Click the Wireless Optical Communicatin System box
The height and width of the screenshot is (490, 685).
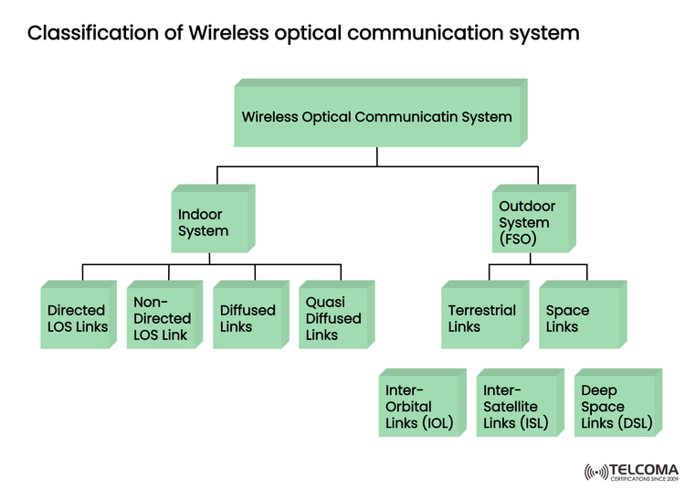(376, 117)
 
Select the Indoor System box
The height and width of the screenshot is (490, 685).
(210, 222)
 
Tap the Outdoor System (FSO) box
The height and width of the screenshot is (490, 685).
(532, 222)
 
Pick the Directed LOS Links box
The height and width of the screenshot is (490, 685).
(78, 318)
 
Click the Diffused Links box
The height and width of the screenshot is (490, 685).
(248, 318)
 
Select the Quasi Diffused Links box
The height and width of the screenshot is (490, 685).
(333, 318)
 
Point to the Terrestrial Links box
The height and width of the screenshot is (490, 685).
(482, 318)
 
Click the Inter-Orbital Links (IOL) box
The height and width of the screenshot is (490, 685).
(420, 407)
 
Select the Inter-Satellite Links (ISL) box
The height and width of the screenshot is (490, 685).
(517, 407)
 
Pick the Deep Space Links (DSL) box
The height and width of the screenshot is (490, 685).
(614, 407)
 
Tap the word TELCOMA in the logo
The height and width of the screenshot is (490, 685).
(644, 469)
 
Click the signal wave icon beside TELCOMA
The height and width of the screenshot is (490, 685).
(595, 473)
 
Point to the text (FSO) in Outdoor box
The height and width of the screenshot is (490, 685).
(518, 240)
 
